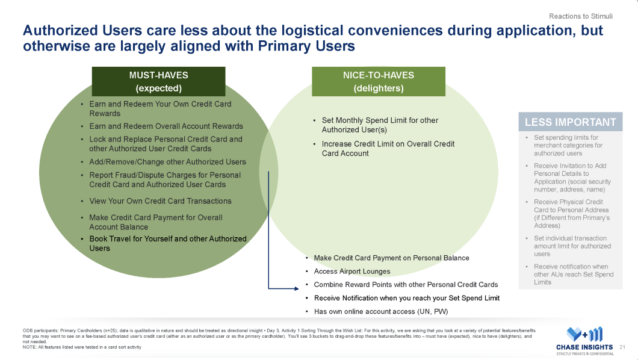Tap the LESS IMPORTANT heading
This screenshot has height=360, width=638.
pyautogui.click(x=570, y=122)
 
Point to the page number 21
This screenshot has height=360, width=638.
pyautogui.click(x=622, y=347)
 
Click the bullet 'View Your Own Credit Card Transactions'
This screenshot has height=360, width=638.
pyautogui.click(x=160, y=201)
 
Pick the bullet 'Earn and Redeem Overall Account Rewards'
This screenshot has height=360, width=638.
pyautogui.click(x=166, y=126)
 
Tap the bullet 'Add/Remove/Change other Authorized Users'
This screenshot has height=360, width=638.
pyautogui.click(x=167, y=162)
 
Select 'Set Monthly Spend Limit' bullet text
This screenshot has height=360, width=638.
pyautogui.click(x=379, y=125)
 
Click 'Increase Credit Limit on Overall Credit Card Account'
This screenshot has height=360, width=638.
pyautogui.click(x=388, y=148)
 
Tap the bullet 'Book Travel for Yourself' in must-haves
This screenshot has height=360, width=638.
pyautogui.click(x=167, y=243)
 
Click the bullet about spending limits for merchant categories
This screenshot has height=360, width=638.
pyautogui.click(x=568, y=145)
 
